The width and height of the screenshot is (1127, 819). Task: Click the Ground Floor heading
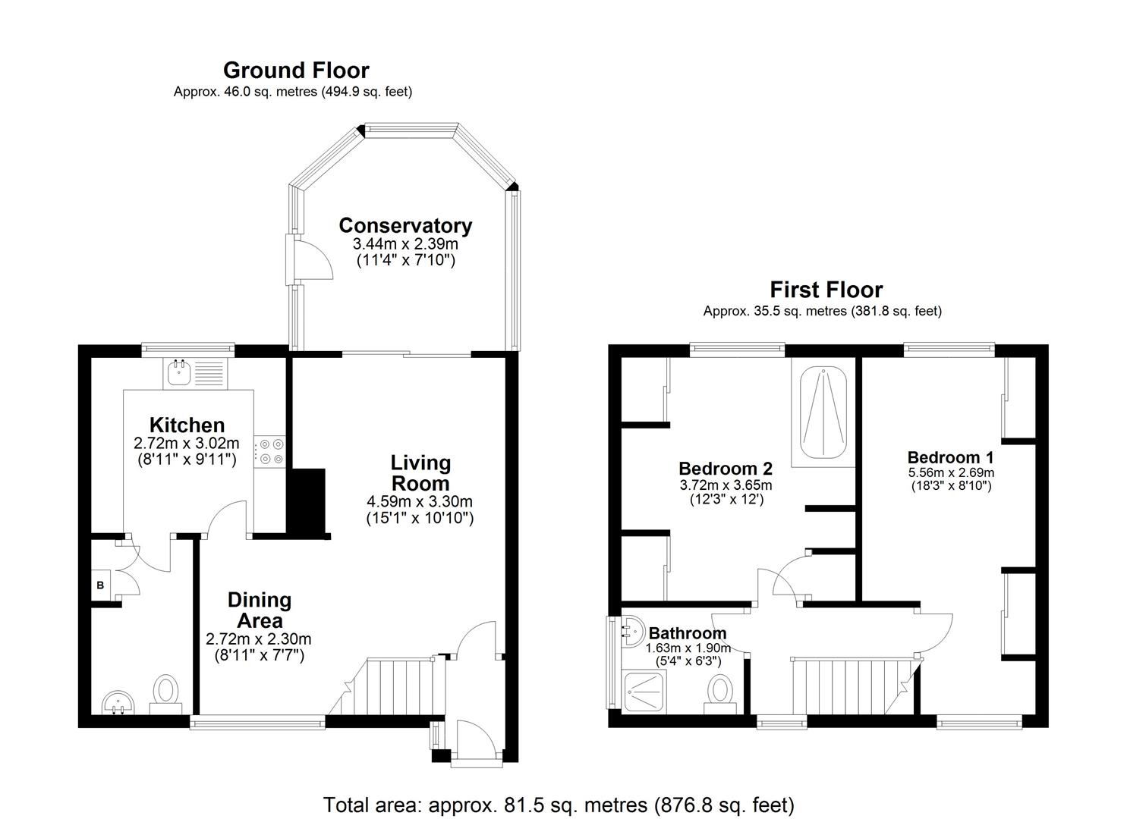click(296, 71)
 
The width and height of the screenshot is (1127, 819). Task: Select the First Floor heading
click(826, 290)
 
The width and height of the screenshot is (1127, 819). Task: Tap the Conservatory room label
click(405, 225)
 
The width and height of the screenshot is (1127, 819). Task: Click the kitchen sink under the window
click(180, 372)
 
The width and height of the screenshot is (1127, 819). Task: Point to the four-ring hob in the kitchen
click(271, 451)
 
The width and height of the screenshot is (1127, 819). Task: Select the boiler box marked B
click(100, 585)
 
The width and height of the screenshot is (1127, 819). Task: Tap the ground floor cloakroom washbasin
click(115, 701)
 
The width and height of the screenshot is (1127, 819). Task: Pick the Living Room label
click(420, 472)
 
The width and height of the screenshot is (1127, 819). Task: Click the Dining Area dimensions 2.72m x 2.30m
click(259, 639)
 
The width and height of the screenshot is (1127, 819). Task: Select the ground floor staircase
click(395, 686)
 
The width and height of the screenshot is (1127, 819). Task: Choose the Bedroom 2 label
click(725, 469)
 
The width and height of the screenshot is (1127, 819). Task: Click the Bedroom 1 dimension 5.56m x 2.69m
click(951, 472)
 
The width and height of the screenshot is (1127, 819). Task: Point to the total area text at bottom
click(559, 804)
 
